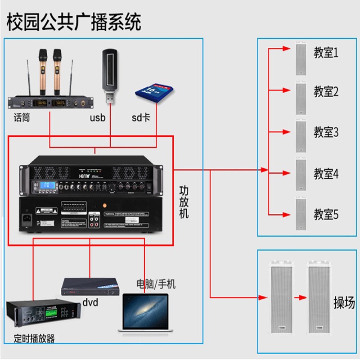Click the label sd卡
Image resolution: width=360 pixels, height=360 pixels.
tap(141, 118)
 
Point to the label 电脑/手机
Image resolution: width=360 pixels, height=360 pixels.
tap(156, 284)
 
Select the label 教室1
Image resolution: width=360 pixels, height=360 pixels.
tap(326, 53)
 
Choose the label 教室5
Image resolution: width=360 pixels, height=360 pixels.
tap(326, 215)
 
